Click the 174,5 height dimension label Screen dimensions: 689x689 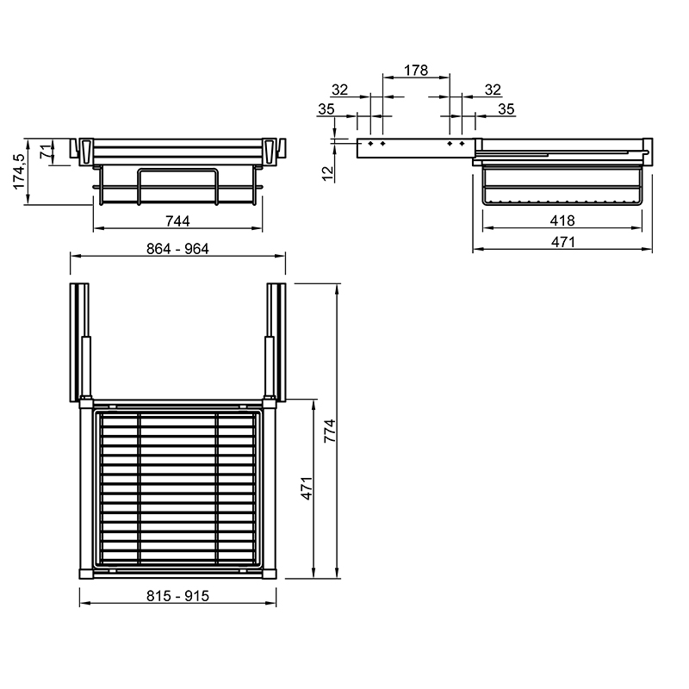click(19, 171)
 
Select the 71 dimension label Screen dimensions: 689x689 click(46, 152)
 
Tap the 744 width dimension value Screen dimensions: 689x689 click(177, 221)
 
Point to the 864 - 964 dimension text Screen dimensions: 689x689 click(177, 249)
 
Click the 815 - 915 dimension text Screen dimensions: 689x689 click(177, 596)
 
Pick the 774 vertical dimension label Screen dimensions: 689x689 click(330, 431)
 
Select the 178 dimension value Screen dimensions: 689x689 click(416, 71)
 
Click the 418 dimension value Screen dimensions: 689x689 click(562, 220)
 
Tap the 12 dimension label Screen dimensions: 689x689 click(328, 173)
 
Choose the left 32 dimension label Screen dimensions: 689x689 click(339, 90)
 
